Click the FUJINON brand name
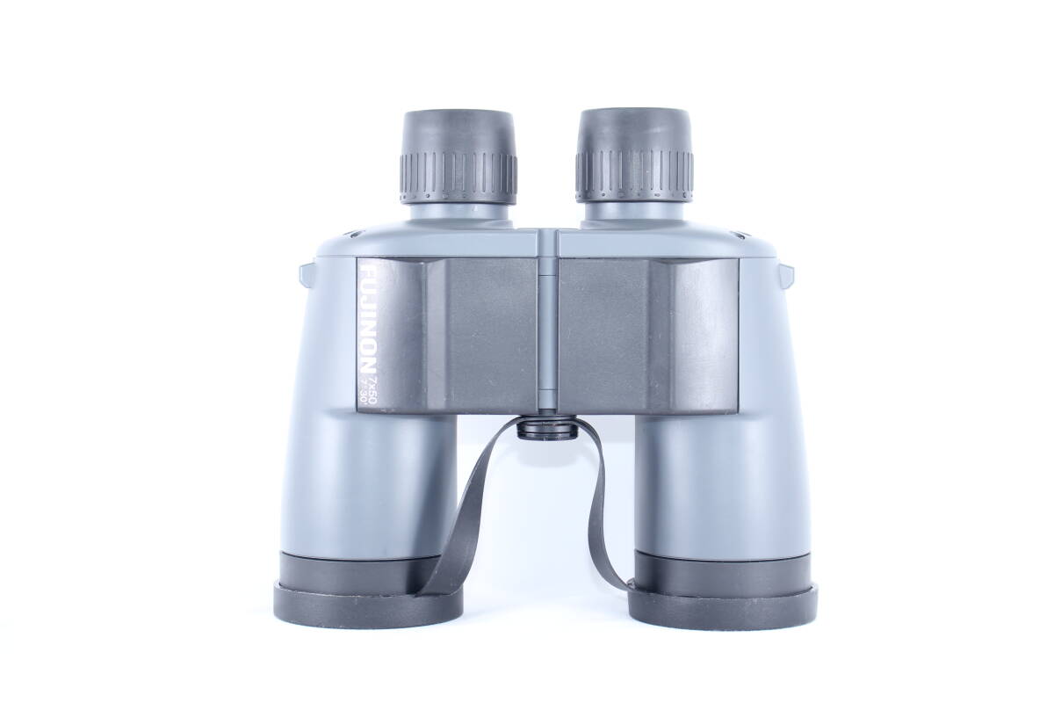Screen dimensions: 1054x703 pyautogui.click(x=367, y=319)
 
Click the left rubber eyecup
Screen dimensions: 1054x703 pyautogui.click(x=458, y=134)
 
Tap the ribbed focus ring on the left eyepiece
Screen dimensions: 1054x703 pyautogui.click(x=458, y=178)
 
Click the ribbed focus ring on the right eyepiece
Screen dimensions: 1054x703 pyautogui.click(x=634, y=177)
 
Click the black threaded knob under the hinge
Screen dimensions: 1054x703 pyautogui.click(x=546, y=429)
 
